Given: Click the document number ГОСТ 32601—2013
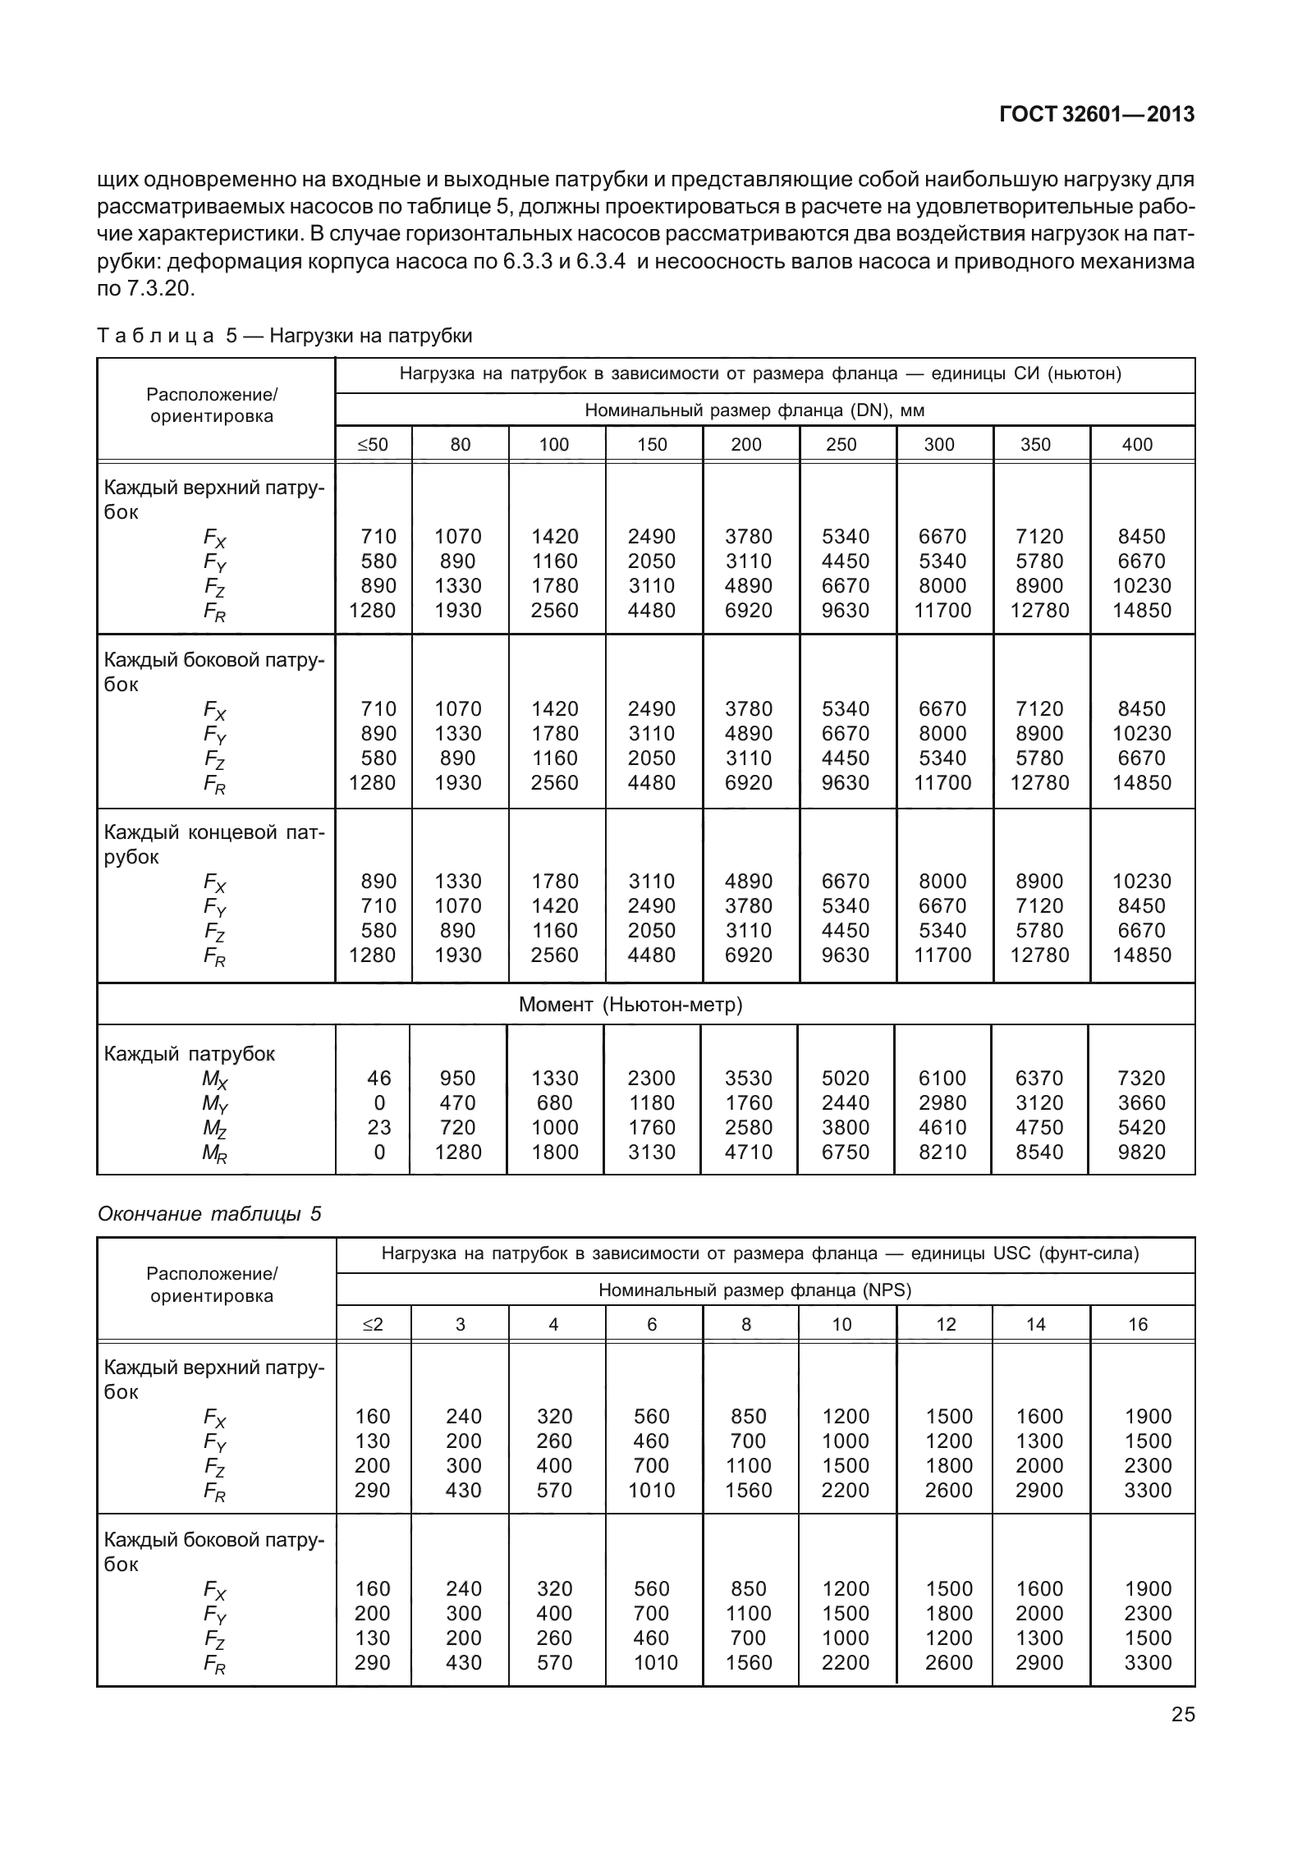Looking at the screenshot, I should pos(1096,115).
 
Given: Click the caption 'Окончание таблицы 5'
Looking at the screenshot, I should pos(209,1213).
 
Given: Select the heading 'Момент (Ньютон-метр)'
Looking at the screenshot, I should pos(630,1005).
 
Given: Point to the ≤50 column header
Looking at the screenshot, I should pos(373,445).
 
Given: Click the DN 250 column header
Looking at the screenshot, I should pos(841,445).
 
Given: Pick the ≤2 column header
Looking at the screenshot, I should pos(373,1324).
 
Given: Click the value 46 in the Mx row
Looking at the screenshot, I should pos(379,1078).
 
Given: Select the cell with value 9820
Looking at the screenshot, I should pos(1141,1152).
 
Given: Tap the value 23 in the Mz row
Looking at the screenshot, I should pos(379,1127).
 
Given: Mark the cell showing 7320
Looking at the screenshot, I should pos(1141,1078).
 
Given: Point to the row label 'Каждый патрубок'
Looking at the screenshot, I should pos(189,1053).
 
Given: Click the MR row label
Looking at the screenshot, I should pos(215,1154).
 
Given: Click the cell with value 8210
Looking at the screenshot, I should pos(942,1152).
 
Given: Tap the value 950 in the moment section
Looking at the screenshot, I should pos(458,1078).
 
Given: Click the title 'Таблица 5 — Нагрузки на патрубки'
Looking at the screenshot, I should pos(285,336).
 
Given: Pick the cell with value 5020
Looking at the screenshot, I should pos(846,1078).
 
